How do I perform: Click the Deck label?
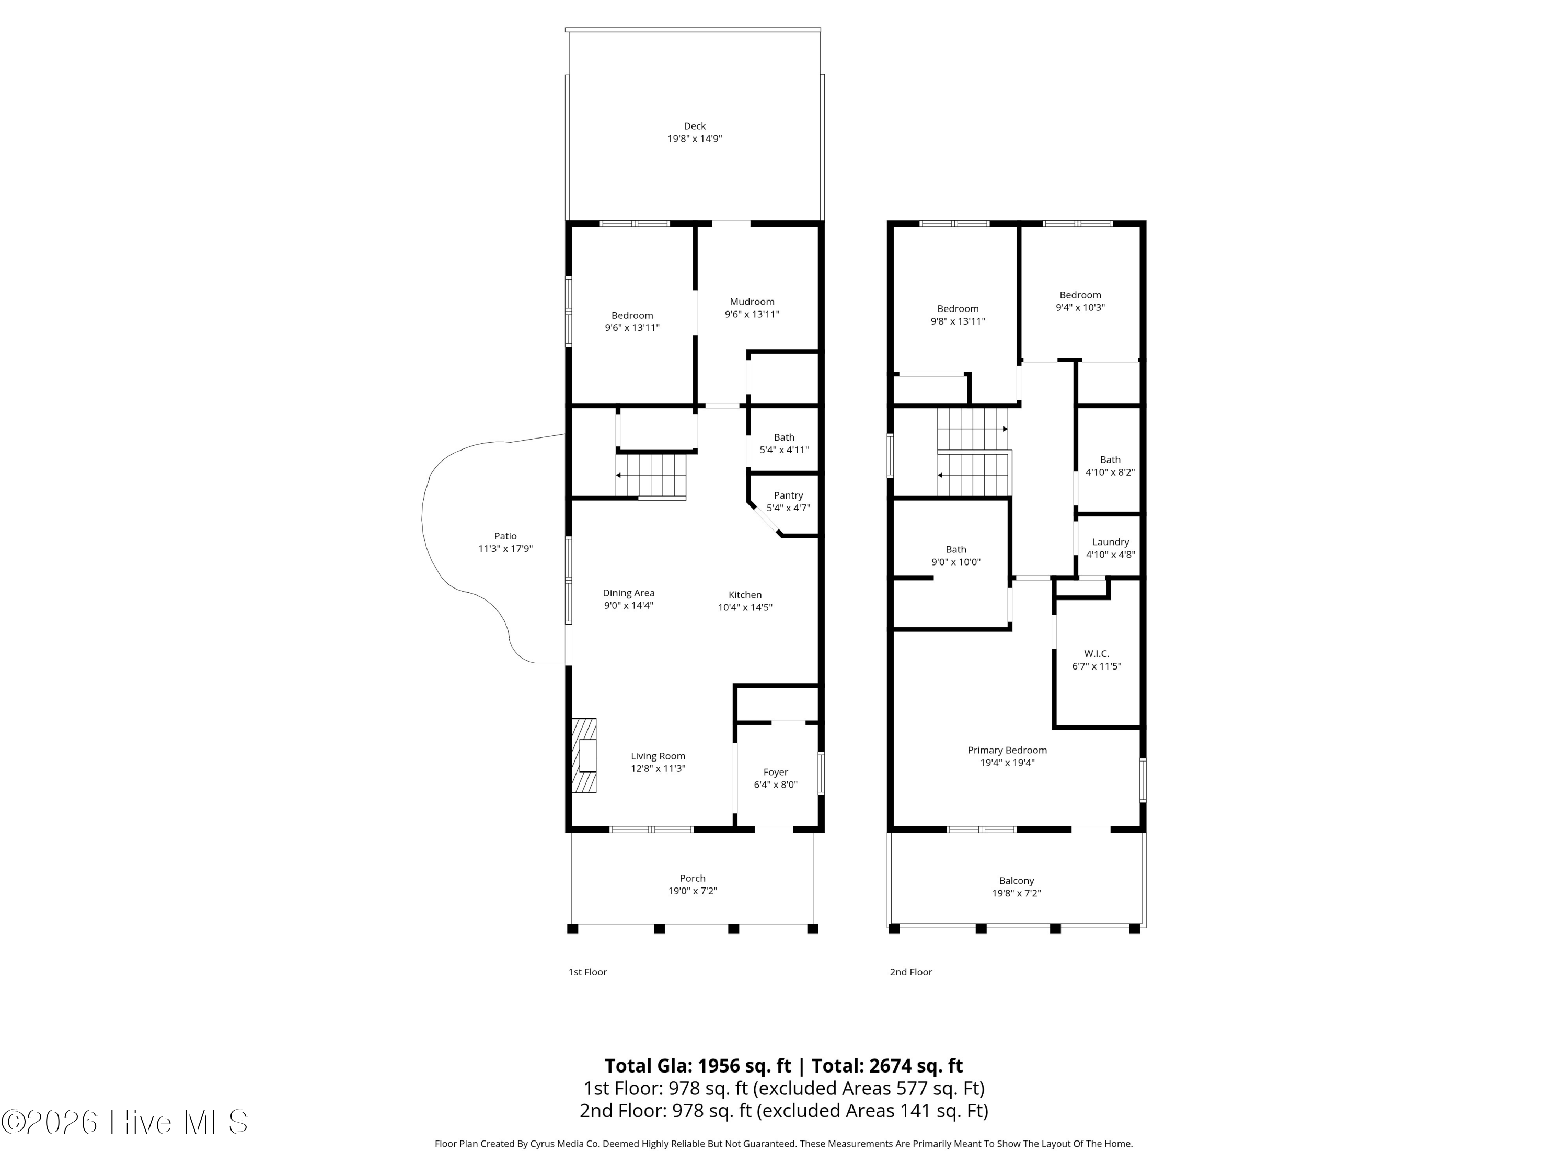coord(695,126)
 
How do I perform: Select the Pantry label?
coord(788,496)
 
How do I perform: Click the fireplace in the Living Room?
coord(584,756)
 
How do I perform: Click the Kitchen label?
coord(745,595)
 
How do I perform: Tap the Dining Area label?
coord(629,593)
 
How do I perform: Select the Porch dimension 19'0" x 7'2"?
coord(693,891)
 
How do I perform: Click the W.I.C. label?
coord(1097,653)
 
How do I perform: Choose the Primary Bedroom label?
coord(1007,751)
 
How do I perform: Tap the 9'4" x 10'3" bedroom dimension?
coord(1080,308)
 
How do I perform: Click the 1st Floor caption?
coord(587,972)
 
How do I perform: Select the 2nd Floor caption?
coord(911,972)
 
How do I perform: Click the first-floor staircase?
coord(651,476)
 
